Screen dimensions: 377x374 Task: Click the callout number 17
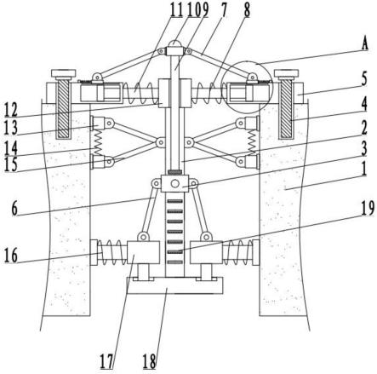coord(106,361)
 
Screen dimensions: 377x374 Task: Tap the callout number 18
coord(149,361)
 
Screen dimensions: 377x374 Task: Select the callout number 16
coord(11,256)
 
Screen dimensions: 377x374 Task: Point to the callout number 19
coord(368,209)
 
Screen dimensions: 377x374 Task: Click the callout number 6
coord(14,209)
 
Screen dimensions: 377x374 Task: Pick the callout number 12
coord(11,109)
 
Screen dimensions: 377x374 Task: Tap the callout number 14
coord(11,147)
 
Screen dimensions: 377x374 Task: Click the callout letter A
coord(364,44)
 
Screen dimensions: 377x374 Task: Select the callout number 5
coord(364,78)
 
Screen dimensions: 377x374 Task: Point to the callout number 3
coord(364,148)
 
